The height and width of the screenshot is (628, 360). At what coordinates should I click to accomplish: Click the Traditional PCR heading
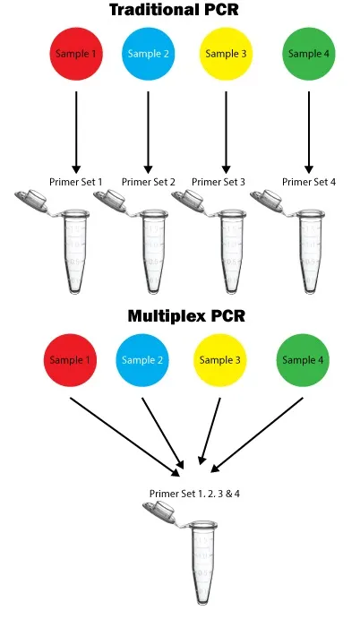[x=180, y=11]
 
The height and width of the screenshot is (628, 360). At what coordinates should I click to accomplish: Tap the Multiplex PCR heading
[x=186, y=316]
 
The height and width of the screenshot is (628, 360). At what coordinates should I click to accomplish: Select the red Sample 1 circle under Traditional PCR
[x=76, y=55]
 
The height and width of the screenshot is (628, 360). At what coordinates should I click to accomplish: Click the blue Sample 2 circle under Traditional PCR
[x=148, y=55]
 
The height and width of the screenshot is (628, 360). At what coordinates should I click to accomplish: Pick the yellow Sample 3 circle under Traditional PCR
[x=226, y=55]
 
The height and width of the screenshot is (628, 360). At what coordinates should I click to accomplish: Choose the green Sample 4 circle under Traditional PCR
[x=309, y=55]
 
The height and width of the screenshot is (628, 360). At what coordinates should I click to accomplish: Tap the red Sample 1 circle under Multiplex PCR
[x=71, y=360]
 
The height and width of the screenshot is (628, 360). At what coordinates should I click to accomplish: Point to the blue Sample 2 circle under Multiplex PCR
[x=142, y=360]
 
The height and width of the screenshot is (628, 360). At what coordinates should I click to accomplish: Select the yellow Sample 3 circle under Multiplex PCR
[x=220, y=360]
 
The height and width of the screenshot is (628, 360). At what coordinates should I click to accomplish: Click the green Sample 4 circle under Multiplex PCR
[x=304, y=360]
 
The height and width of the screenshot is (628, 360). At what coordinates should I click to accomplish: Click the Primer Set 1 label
[x=76, y=182]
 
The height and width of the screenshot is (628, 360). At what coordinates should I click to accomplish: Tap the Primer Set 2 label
[x=149, y=182]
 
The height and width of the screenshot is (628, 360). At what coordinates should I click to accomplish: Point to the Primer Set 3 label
[x=219, y=182]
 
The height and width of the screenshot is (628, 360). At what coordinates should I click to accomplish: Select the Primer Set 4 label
[x=309, y=182]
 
